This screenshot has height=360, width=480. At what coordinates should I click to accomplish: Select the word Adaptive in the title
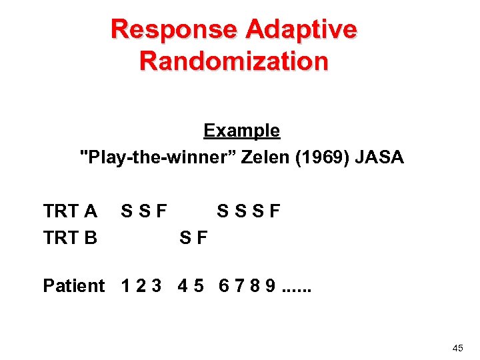click(302, 30)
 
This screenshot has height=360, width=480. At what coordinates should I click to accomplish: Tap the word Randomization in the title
click(234, 61)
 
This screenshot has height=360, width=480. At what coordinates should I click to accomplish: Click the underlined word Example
click(241, 131)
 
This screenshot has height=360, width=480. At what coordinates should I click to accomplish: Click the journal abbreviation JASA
click(380, 158)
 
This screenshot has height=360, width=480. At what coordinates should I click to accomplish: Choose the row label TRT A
click(70, 212)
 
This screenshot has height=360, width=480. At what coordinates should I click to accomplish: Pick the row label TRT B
click(70, 237)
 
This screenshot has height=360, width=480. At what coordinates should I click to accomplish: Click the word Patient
click(73, 286)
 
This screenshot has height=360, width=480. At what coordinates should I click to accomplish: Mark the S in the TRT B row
click(187, 237)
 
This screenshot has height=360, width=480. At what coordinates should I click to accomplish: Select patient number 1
click(126, 286)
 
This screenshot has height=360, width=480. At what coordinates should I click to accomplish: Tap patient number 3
click(157, 286)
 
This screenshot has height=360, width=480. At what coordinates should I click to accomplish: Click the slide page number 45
click(457, 348)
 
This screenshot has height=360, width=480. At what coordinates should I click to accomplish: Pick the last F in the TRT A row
click(274, 212)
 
